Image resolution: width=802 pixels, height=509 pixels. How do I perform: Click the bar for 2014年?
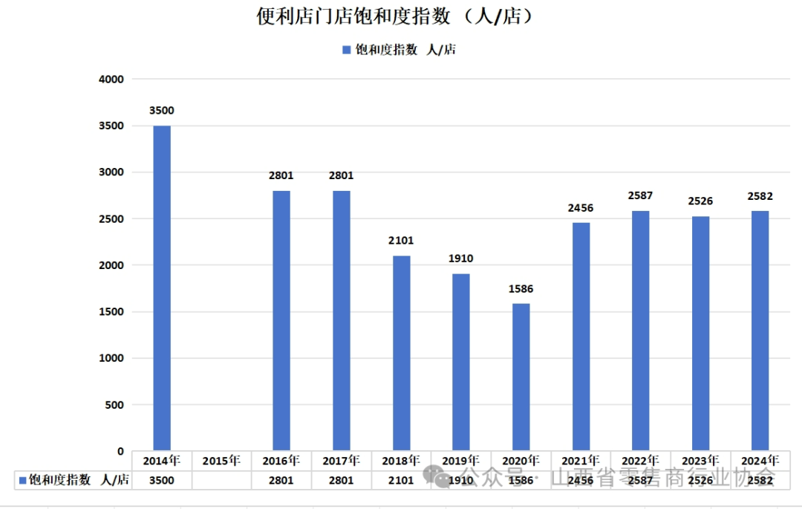(x=162, y=288)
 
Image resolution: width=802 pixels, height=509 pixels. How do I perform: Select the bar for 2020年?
(x=521, y=377)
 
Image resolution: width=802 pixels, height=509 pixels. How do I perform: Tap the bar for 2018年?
(x=401, y=353)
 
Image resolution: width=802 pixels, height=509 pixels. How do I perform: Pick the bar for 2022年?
(x=641, y=331)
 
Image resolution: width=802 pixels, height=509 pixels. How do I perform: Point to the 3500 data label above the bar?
(x=162, y=111)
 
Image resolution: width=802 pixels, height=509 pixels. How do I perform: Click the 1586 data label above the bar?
(x=521, y=289)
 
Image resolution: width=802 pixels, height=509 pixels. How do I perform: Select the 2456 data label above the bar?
(x=581, y=208)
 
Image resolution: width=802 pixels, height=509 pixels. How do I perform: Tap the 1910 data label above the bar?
(x=461, y=259)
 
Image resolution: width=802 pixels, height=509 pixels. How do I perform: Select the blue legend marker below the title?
(x=346, y=50)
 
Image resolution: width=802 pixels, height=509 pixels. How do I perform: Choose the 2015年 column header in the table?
(x=221, y=461)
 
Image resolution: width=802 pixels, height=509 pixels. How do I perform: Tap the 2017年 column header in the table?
(x=341, y=461)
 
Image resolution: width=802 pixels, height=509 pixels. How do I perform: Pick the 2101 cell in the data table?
(x=401, y=481)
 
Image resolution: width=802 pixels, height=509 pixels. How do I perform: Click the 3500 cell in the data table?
(x=162, y=481)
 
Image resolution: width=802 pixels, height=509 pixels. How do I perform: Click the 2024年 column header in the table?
(x=760, y=461)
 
